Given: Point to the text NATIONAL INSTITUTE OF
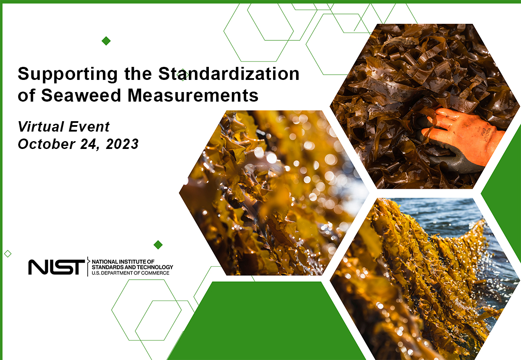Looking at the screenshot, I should (x=124, y=261).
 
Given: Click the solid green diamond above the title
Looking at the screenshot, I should (x=106, y=41).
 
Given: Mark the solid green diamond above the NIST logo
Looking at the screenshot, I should (x=158, y=245).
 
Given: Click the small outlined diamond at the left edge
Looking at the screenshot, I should (x=7, y=253).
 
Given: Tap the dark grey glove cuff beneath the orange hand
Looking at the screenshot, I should (x=452, y=163).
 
